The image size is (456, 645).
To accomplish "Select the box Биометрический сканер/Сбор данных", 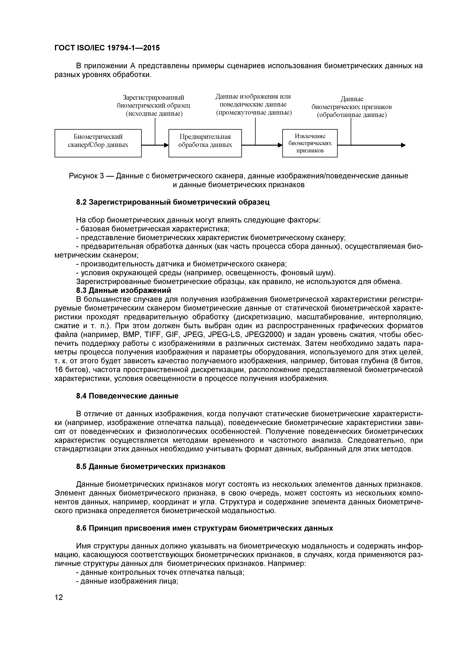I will (98, 143).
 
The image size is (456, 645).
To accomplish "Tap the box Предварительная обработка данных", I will (205, 143).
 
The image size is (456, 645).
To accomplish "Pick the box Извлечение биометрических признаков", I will (310, 143).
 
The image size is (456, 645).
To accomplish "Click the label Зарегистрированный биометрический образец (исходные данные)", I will (154, 105).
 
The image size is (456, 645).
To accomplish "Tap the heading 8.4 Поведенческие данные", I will (127, 396).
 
